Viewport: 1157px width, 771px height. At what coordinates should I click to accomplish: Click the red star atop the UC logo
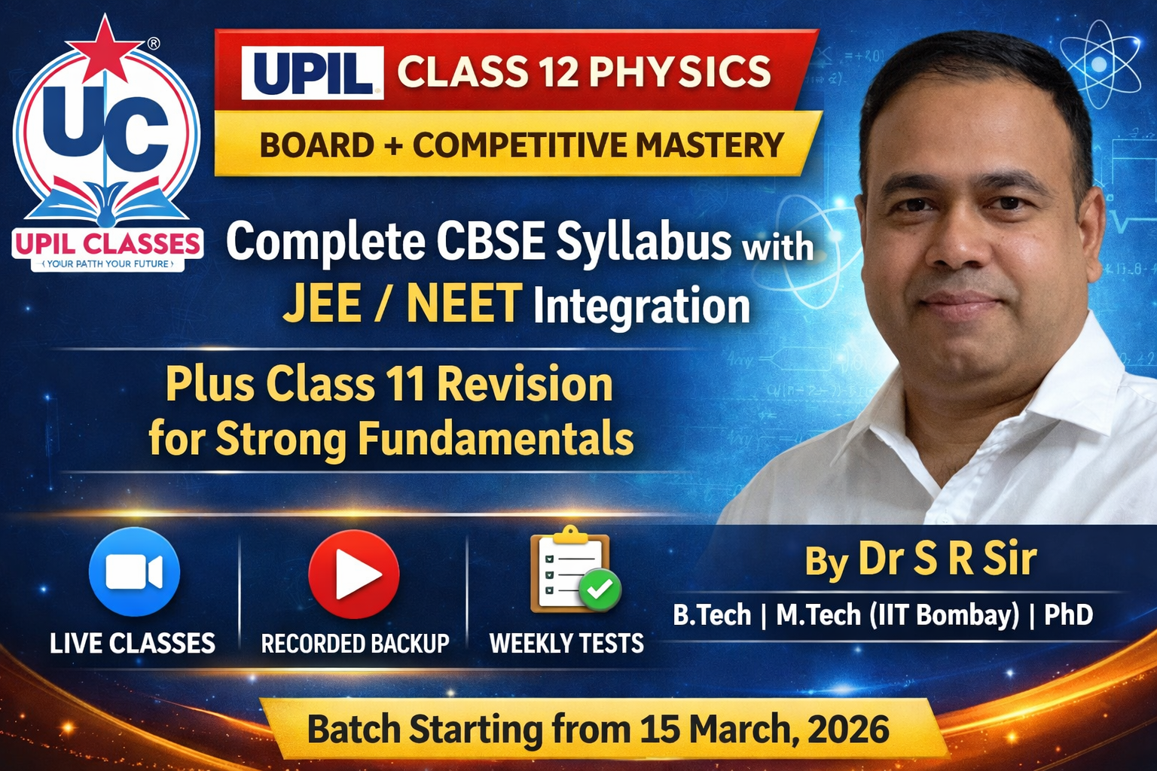click(106, 47)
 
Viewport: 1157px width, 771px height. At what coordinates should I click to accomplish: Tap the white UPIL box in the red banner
click(312, 72)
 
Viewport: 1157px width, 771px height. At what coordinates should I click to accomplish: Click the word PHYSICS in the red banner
click(680, 72)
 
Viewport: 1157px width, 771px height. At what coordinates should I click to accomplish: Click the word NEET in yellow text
click(464, 303)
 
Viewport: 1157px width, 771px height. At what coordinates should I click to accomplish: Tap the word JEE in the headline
click(322, 303)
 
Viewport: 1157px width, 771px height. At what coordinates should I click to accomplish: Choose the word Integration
click(642, 306)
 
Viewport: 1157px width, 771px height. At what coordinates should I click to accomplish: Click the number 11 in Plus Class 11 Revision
click(406, 384)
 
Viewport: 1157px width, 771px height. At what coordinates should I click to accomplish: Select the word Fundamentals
click(495, 438)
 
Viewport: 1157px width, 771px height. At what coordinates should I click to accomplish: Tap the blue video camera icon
click(134, 572)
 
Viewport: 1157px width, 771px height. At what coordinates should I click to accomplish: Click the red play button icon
click(354, 574)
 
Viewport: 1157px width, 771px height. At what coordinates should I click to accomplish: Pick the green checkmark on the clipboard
click(600, 590)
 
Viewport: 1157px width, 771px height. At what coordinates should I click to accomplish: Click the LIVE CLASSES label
click(133, 644)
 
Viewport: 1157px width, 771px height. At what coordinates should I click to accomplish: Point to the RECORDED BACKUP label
click(355, 644)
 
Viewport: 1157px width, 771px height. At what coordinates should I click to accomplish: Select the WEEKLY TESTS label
click(566, 644)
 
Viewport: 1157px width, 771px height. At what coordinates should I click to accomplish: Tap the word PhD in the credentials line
click(1068, 615)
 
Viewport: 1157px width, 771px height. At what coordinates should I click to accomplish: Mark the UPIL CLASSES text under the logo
click(107, 244)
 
